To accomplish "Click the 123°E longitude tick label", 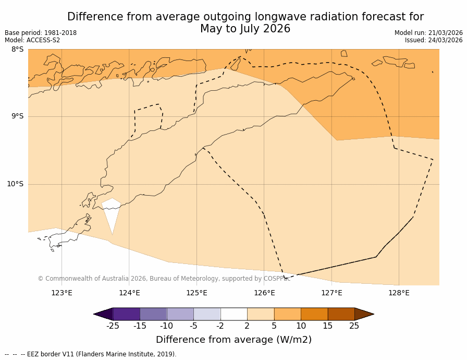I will (62, 293).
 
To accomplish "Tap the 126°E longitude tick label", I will (264, 293).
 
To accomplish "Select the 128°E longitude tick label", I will (399, 293).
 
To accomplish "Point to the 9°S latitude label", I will (17, 116).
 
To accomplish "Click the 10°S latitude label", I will (15, 184).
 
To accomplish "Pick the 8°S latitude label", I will (17, 50).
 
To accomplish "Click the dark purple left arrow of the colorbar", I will (104, 314).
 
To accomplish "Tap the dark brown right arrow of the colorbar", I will (363, 314).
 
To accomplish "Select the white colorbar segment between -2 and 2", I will (233, 314).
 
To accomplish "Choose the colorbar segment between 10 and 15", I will (314, 314).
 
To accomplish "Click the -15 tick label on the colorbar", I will (140, 326).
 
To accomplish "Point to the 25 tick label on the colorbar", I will (354, 326).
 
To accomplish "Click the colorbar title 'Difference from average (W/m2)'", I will (233, 340).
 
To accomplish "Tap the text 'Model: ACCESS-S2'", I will (32, 40).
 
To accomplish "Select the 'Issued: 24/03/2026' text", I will (434, 40).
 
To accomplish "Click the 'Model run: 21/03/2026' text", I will (428, 33).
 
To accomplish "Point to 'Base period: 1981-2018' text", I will (41, 33).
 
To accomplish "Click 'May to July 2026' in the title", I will (245, 29).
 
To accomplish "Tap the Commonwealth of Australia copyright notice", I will (164, 279).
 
